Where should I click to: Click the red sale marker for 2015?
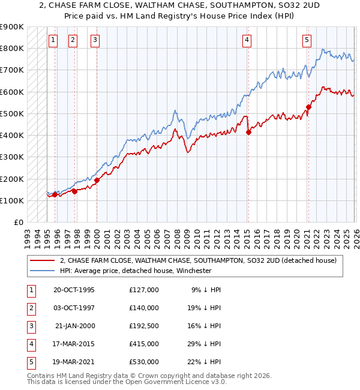[x=248, y=133]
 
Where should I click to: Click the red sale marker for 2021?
[x=308, y=107]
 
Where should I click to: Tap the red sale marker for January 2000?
[x=97, y=180]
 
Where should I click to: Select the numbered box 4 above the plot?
[x=247, y=40]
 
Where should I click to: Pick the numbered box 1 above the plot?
[x=53, y=40]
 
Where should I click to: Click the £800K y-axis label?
[x=11, y=48]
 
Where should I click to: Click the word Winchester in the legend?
[x=193, y=271]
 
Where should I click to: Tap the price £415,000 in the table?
[x=144, y=344]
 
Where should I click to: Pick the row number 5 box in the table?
[x=31, y=362]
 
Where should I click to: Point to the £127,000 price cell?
[x=144, y=290]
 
